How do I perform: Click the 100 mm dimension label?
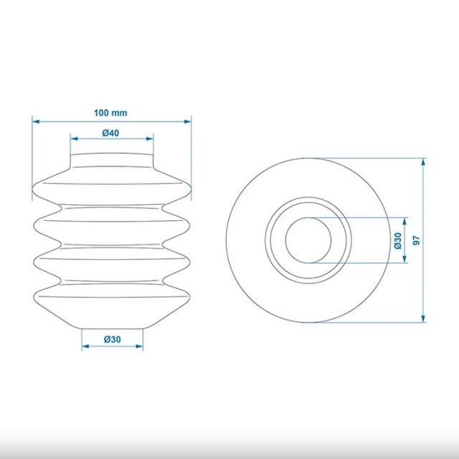point(110,113)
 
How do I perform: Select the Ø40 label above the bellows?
point(110,133)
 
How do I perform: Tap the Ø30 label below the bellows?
point(112,339)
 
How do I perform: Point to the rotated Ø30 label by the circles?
point(398,241)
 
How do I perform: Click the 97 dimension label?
point(416,240)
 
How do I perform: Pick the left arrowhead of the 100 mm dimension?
point(36,121)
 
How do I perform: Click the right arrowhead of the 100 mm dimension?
point(188,121)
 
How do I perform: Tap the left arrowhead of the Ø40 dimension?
point(74,138)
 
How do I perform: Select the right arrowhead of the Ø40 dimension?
point(150,138)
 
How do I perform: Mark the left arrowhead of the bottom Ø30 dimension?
point(85,346)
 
